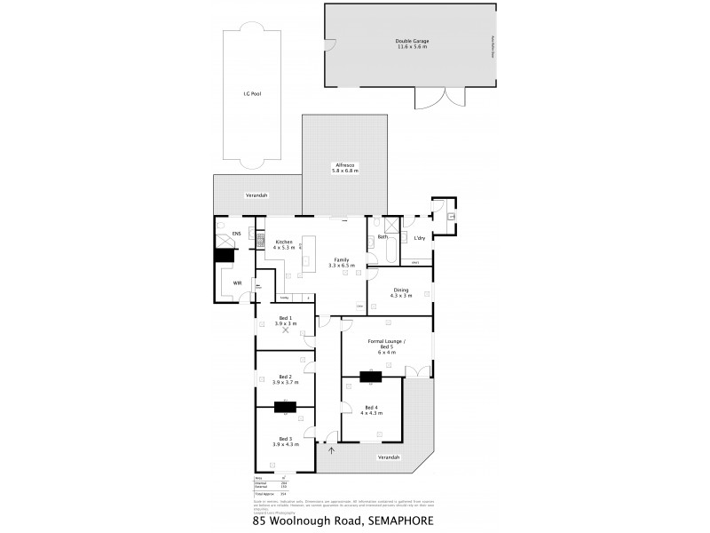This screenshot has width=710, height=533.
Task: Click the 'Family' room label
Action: [341, 259]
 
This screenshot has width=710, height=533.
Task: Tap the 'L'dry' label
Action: [419, 237]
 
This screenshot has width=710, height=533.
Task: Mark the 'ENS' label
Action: [236, 234]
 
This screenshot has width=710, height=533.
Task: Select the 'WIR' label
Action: [237, 282]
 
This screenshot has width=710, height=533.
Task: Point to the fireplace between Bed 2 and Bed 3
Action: [285, 408]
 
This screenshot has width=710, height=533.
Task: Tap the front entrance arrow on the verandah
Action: [330, 449]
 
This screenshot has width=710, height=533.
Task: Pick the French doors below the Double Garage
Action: [440, 98]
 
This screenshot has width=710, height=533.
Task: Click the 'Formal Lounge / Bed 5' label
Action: [387, 343]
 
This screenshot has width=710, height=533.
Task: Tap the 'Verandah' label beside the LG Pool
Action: [256, 195]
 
